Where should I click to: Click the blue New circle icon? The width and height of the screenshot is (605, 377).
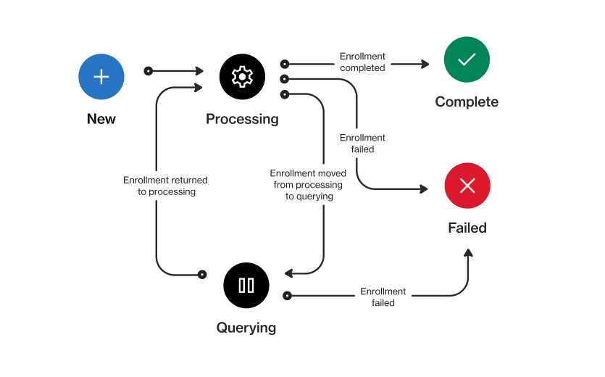pos(101,77)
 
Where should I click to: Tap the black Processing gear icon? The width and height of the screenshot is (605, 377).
pos(242,77)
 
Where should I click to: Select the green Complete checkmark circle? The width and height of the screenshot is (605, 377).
pos(467,59)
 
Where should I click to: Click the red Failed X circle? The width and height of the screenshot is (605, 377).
pos(467,186)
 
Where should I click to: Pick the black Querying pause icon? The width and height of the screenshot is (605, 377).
pos(246,285)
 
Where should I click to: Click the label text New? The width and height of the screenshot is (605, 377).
pos(101,119)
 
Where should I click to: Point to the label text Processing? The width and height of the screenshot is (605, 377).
pos(242,119)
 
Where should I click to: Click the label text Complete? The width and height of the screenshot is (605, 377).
pos(467,102)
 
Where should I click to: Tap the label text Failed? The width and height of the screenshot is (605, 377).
pos(467,228)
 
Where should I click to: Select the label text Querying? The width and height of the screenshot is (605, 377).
pos(246,328)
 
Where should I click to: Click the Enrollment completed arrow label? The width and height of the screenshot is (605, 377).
pos(363,62)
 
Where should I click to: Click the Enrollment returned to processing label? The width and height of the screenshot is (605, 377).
pos(165,186)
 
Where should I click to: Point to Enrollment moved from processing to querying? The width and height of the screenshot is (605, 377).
pos(308,185)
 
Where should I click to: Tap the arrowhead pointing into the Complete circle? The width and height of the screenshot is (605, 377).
pos(425,64)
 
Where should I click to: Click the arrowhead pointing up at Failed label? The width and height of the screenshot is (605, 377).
pos(468,253)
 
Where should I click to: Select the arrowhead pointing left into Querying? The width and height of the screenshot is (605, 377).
pos(288,273)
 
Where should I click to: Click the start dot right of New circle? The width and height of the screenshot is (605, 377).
pos(149,71)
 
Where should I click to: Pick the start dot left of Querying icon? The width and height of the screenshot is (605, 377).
pos(202,275)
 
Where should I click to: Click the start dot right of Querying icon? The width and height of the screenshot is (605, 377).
pos(287,296)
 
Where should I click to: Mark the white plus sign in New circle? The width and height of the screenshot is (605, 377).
pos(101,77)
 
